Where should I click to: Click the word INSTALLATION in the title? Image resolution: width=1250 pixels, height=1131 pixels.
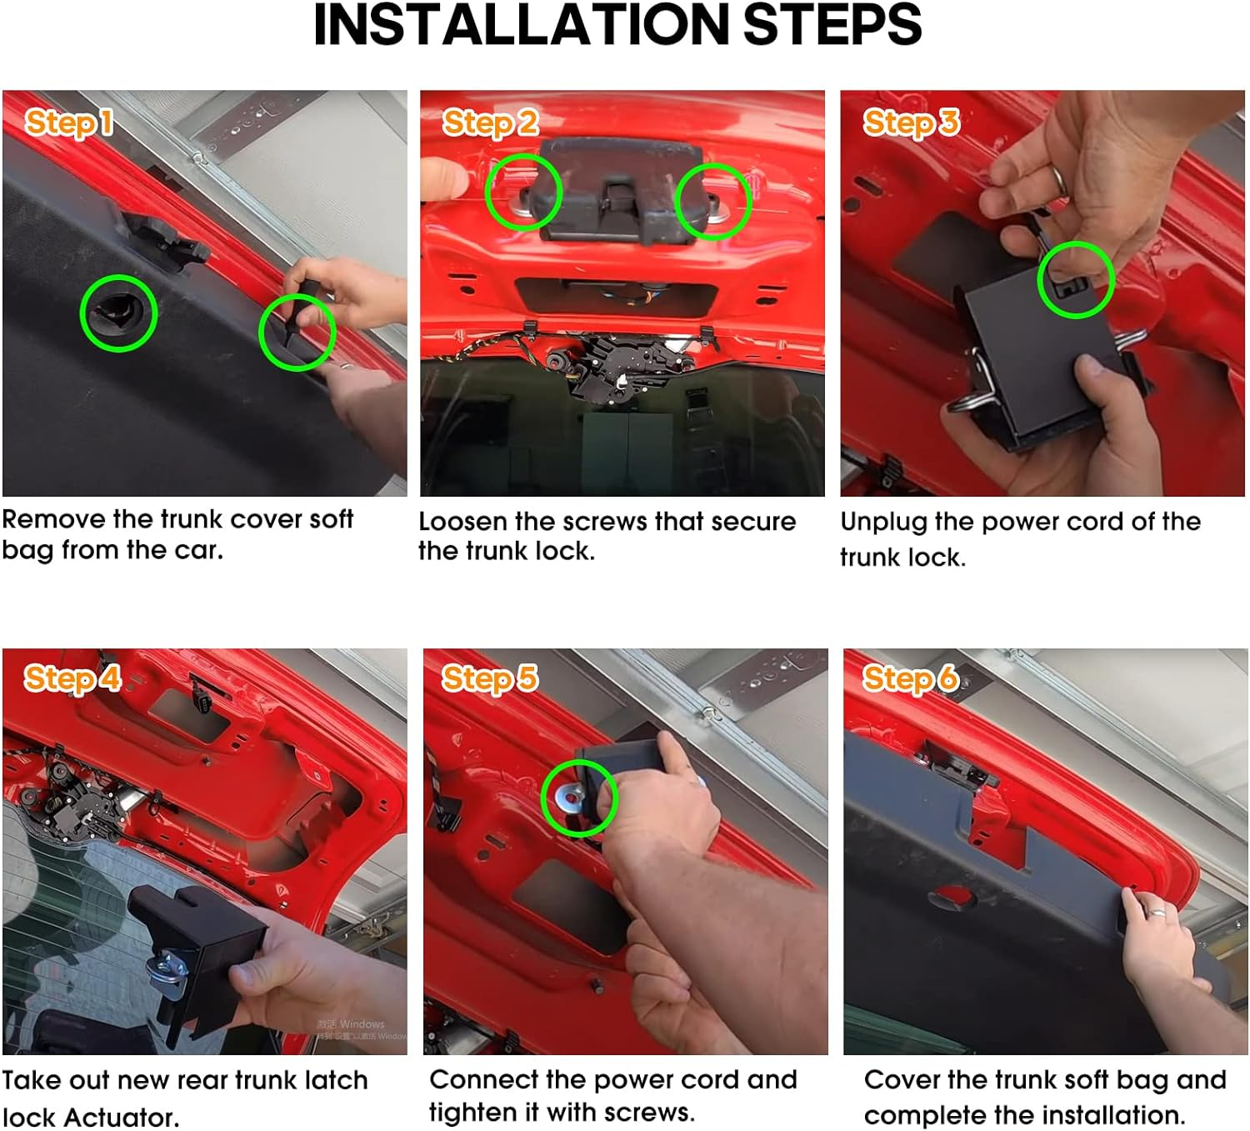522,25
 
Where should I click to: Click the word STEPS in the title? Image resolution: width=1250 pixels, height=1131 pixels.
832,25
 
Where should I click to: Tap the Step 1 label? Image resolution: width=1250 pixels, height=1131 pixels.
69,123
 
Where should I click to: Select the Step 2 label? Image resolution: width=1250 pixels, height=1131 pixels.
490,123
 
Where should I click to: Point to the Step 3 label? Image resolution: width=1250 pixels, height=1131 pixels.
911,123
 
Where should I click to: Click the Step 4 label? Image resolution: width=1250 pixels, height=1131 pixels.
72,679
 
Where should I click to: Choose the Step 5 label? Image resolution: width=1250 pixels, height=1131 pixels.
490,679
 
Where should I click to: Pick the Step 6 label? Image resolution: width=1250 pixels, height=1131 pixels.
910,679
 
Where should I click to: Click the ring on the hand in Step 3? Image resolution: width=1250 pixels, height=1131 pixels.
1058,178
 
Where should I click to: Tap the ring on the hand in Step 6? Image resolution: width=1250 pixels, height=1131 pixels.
1157,912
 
